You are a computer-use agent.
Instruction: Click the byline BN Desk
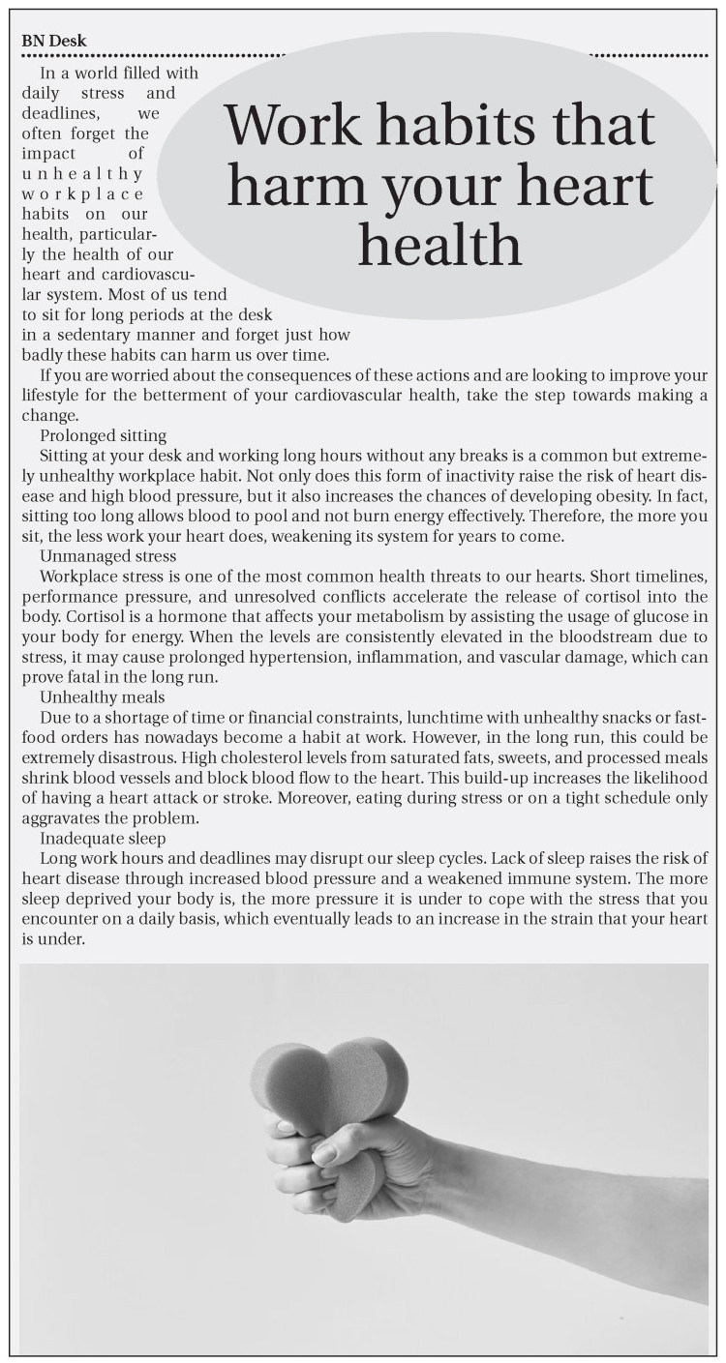click(53, 41)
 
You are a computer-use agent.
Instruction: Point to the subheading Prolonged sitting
click(103, 435)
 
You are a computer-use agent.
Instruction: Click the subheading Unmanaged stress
click(107, 556)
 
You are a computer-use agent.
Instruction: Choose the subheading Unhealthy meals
click(102, 696)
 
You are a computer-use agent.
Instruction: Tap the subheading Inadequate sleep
click(103, 838)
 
